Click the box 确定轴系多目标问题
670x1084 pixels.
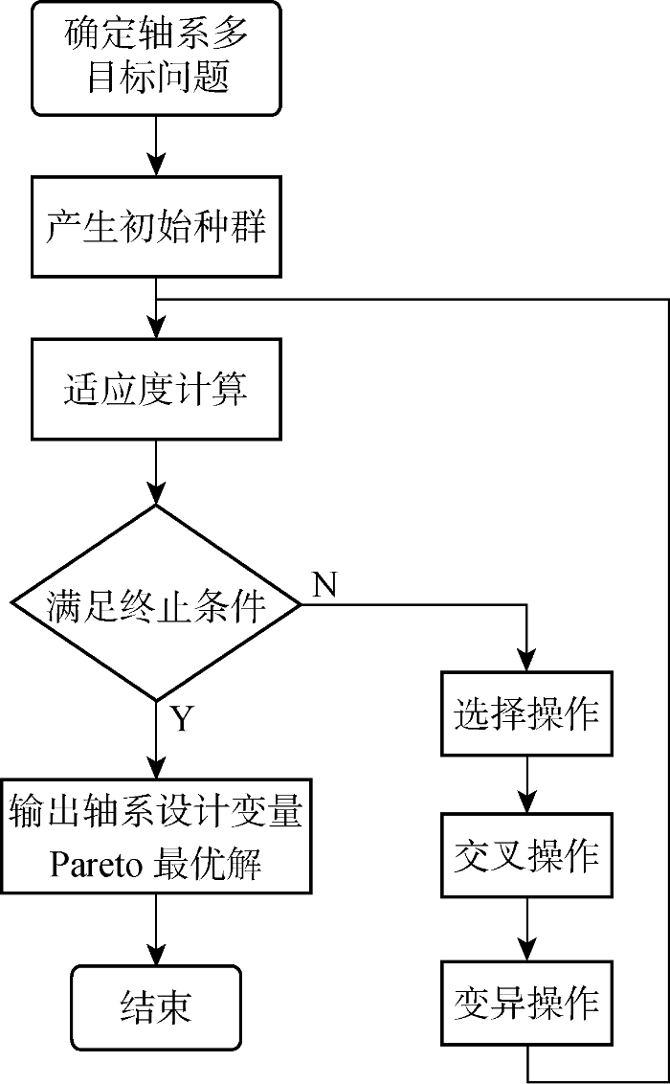tap(156, 57)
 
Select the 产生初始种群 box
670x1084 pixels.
tap(156, 227)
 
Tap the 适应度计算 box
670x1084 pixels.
tap(156, 389)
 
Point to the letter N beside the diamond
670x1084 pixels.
tap(324, 584)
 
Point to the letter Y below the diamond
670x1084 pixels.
tap(182, 717)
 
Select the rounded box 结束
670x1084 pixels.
tap(156, 1007)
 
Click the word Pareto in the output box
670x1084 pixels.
tap(95, 865)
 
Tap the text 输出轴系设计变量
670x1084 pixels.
tap(156, 812)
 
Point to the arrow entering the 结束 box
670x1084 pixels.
tap(156, 934)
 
